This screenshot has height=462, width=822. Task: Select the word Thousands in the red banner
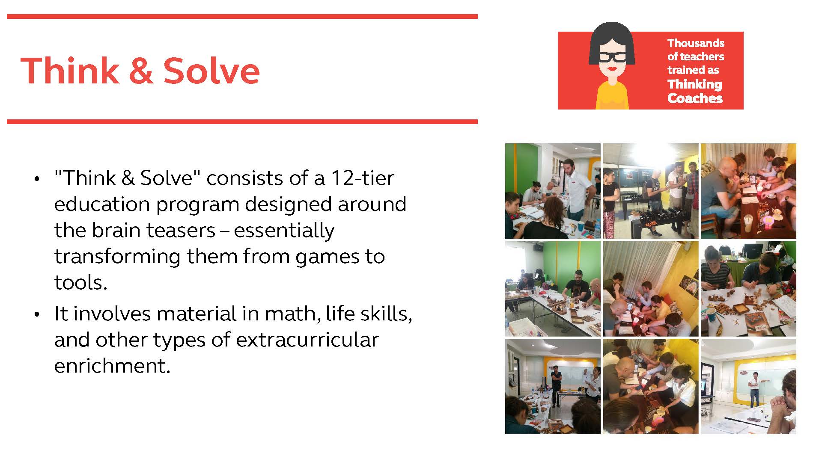pyautogui.click(x=696, y=43)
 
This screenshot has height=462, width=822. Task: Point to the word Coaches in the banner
pyautogui.click(x=695, y=98)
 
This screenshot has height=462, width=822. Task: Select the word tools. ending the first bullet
pyautogui.click(x=80, y=282)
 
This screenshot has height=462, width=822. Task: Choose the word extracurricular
pyautogui.click(x=307, y=340)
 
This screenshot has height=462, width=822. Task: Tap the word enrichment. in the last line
pyautogui.click(x=112, y=366)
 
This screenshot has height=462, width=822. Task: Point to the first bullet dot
pyautogui.click(x=37, y=179)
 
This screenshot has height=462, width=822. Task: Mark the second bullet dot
pyautogui.click(x=37, y=315)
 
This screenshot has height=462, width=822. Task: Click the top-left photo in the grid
pyautogui.click(x=553, y=191)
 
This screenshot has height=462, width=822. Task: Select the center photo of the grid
pyautogui.click(x=650, y=289)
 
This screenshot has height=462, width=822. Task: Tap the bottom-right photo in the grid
pyautogui.click(x=748, y=387)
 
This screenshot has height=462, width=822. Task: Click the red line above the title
pyautogui.click(x=242, y=17)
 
